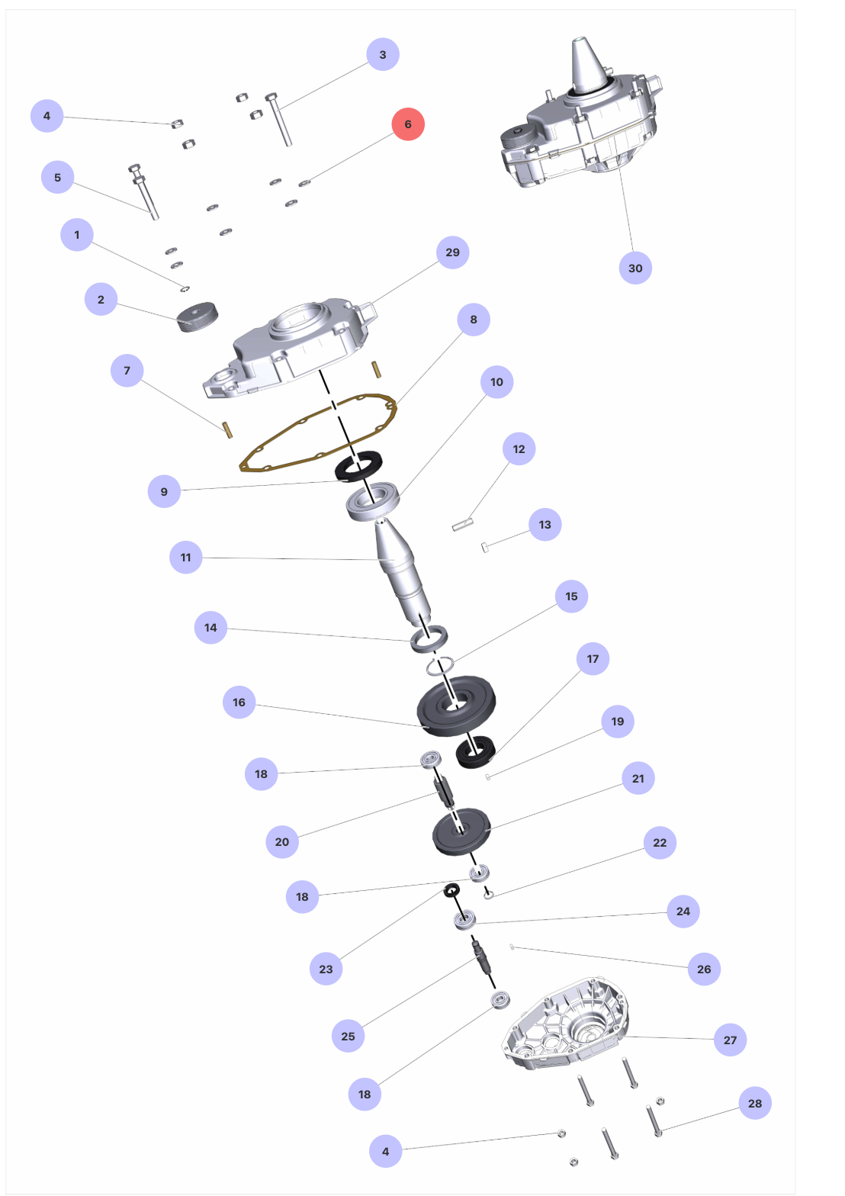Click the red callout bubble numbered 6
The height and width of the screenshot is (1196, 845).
(408, 124)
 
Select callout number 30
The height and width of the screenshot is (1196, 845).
(635, 268)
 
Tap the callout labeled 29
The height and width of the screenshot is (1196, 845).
(453, 252)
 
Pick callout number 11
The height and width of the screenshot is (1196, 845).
(186, 558)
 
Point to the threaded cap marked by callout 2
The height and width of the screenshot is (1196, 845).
(198, 317)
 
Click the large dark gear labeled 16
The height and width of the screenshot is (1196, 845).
(456, 706)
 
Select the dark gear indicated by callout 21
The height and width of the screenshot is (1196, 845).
(461, 831)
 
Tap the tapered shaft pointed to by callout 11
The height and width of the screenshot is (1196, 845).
(401, 571)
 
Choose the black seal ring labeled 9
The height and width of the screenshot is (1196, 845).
(358, 466)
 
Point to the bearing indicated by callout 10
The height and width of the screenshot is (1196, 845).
(373, 501)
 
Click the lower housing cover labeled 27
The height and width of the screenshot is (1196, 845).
(566, 1023)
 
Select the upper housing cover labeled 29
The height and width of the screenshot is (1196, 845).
(291, 348)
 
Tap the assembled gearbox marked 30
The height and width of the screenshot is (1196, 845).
(582, 121)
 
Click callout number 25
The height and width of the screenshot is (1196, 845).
(348, 1036)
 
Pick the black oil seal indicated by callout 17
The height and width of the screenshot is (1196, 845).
(476, 752)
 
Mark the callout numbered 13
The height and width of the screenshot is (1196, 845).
(545, 524)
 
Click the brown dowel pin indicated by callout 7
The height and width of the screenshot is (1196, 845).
(227, 430)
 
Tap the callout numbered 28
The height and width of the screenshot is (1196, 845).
(755, 1103)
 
